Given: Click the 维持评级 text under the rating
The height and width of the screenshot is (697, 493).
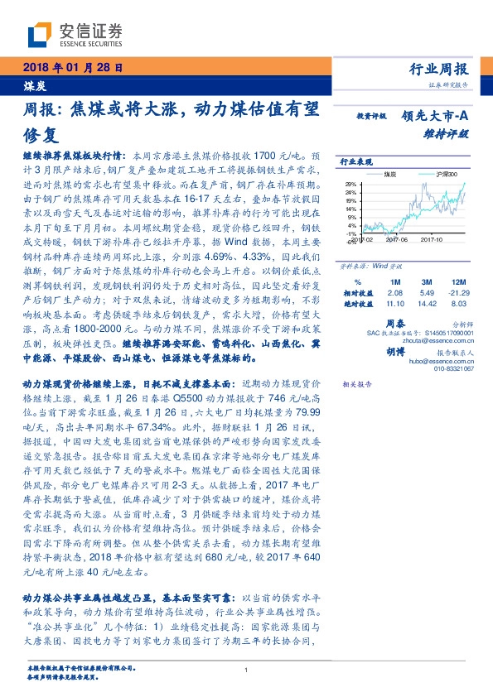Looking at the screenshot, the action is click(452, 132).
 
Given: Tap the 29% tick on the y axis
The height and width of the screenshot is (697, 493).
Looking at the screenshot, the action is click(350, 183).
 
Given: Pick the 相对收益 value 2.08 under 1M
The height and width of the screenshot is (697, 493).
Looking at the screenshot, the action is click(394, 294).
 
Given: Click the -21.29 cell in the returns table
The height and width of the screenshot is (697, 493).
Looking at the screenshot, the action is click(461, 294).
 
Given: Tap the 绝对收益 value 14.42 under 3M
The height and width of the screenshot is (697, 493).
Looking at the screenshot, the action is click(428, 305).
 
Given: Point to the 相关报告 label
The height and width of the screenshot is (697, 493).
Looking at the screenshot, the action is click(356, 386).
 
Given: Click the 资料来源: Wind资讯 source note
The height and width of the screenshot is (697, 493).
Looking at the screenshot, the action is click(365, 268).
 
